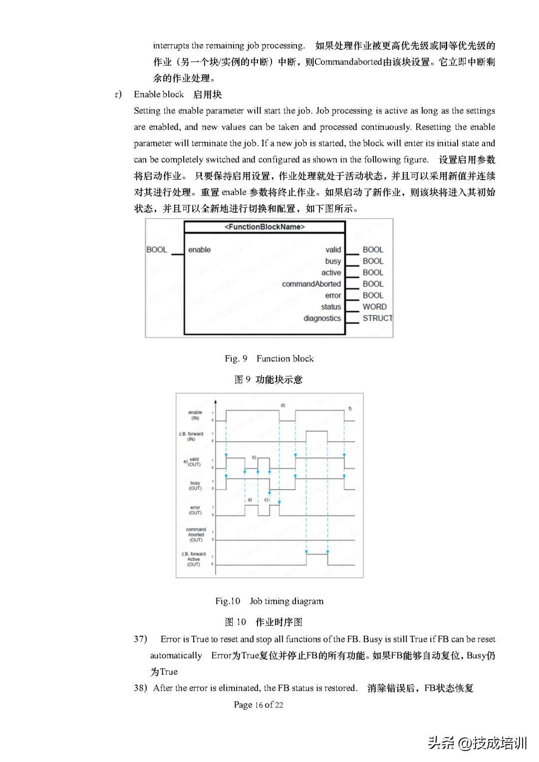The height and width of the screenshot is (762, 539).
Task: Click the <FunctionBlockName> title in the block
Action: (x=265, y=227)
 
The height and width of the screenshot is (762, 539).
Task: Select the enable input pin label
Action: (x=199, y=250)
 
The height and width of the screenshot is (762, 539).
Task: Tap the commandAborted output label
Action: (x=311, y=284)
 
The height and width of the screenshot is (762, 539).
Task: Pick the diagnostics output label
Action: (x=322, y=318)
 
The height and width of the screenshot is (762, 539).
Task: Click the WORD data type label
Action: (x=374, y=307)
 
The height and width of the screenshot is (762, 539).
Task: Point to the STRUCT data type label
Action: (x=377, y=318)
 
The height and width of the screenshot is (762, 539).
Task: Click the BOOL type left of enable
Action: (x=157, y=250)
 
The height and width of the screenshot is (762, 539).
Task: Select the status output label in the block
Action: (x=331, y=307)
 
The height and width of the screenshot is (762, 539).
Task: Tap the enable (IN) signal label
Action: (x=195, y=415)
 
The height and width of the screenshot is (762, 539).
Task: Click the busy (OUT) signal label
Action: (x=195, y=486)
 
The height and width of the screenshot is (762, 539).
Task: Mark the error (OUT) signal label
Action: (x=195, y=510)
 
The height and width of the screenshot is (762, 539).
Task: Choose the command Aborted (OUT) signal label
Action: (x=196, y=534)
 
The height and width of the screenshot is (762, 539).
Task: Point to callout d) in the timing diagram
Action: (x=282, y=405)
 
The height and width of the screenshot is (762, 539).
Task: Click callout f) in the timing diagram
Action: (x=350, y=409)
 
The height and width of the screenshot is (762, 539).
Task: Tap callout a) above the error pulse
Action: (x=250, y=500)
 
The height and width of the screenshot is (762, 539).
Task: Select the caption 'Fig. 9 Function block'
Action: (x=269, y=358)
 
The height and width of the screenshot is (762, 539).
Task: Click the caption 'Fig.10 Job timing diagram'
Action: (x=269, y=601)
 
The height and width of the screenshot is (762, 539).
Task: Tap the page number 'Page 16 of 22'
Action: (x=259, y=705)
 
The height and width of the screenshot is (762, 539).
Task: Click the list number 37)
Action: (x=140, y=639)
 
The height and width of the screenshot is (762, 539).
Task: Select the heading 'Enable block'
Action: (x=159, y=94)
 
